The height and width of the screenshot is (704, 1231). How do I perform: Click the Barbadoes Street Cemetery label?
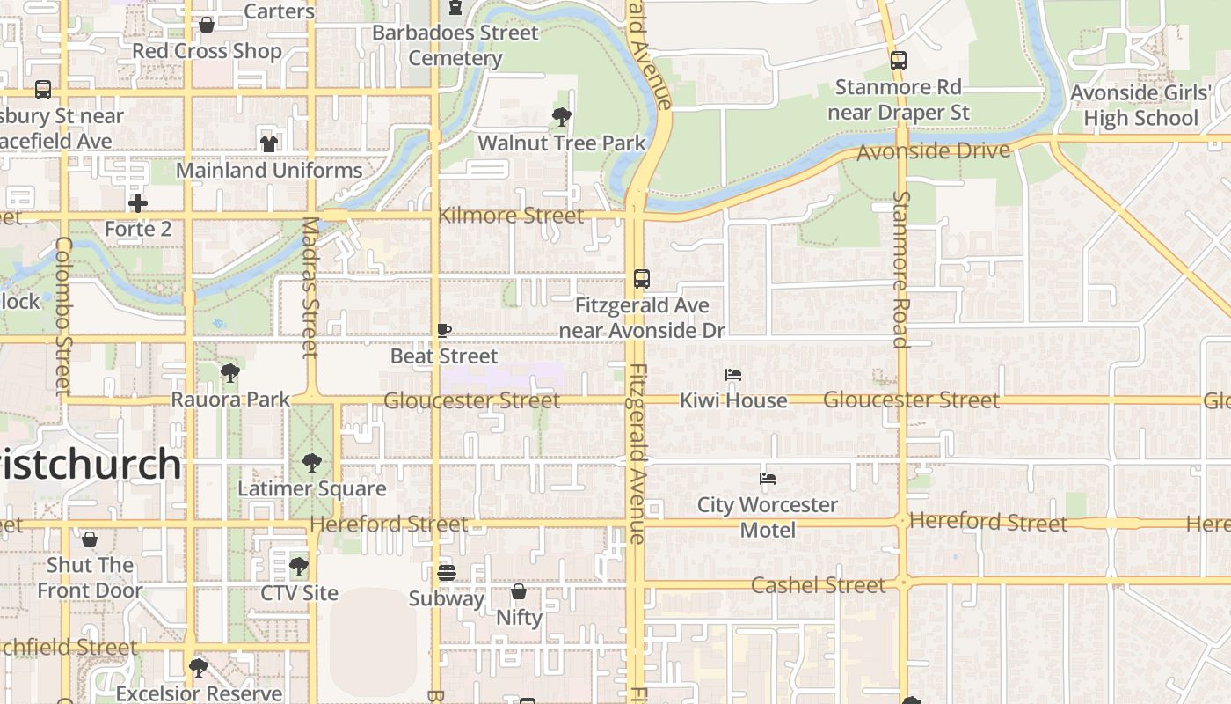[x=455, y=46]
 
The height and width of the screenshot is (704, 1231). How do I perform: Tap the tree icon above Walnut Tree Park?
[x=561, y=116]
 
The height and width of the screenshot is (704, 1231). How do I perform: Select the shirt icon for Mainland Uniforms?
[x=269, y=143]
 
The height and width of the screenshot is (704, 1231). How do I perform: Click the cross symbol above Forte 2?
[x=138, y=203]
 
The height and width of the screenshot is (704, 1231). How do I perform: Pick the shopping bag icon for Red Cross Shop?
[x=207, y=25]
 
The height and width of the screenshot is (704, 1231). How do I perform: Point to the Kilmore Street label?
[x=511, y=216]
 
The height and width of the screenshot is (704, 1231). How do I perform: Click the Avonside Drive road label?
[x=933, y=151]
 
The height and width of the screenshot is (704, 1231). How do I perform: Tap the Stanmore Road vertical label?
[x=900, y=268]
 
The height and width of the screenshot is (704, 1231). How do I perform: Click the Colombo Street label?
[x=62, y=315]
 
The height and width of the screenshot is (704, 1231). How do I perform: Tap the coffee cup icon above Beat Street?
[x=444, y=331]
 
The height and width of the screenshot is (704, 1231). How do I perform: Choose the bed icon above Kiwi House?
[x=733, y=375]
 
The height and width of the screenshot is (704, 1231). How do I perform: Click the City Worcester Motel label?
[x=768, y=517]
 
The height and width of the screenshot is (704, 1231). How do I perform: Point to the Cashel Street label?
[x=819, y=585]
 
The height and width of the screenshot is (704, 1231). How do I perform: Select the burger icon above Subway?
[x=446, y=573]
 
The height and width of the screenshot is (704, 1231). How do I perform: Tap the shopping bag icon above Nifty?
[x=519, y=591]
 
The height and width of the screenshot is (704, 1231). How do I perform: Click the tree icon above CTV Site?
[x=299, y=566]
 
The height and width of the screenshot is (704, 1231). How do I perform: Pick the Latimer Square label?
[x=312, y=488]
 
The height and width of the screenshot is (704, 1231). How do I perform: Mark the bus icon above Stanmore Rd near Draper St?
[x=898, y=61]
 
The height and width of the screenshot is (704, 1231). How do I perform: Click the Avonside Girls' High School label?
[x=1140, y=106]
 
